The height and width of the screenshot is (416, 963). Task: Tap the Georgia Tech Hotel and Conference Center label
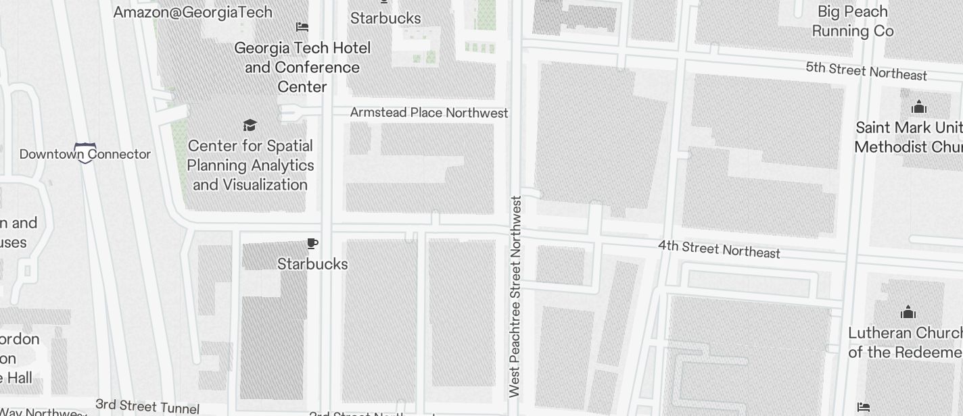click(x=302, y=67)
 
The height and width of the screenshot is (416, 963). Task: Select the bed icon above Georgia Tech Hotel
click(x=302, y=27)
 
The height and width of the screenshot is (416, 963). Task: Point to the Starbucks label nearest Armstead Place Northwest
click(x=385, y=18)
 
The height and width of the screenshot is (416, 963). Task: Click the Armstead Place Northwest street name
click(x=429, y=113)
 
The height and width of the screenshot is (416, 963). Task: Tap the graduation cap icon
click(x=250, y=126)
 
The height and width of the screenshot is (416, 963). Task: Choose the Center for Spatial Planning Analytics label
click(x=250, y=165)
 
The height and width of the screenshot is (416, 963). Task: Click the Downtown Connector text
click(x=85, y=154)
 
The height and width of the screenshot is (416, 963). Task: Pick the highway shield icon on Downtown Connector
click(x=85, y=153)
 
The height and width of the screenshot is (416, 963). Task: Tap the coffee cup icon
click(x=312, y=244)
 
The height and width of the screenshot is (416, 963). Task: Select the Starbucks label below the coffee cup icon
click(x=312, y=264)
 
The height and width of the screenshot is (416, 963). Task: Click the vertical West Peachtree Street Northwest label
click(x=515, y=296)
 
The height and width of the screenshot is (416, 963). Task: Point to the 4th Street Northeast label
click(x=719, y=249)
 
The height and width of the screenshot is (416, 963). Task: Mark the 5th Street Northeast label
click(x=866, y=71)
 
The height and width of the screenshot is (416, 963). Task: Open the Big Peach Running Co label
click(x=852, y=22)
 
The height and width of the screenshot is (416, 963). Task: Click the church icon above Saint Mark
click(x=918, y=107)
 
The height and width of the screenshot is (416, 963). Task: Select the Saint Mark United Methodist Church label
click(x=908, y=137)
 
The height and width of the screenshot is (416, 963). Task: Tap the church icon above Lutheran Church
click(x=908, y=312)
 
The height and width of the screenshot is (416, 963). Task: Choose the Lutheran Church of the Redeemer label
click(x=905, y=342)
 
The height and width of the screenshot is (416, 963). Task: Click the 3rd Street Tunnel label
click(x=147, y=407)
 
